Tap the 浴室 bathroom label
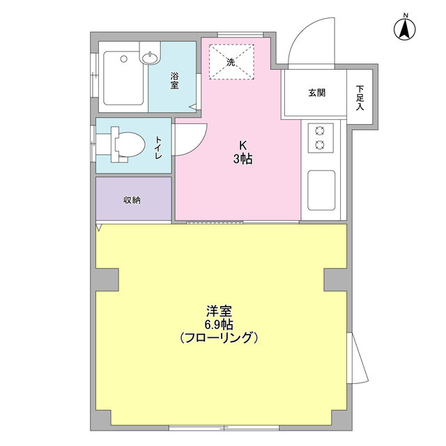coord(174,81)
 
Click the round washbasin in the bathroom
coord(149,59)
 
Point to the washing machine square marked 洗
coord(231,61)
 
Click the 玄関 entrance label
coord(316,93)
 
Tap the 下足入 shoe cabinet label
coord(360,98)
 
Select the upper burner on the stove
coord(321,130)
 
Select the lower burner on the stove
coord(321,144)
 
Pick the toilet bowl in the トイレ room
coord(125,145)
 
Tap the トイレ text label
coord(159,148)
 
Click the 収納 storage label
coord(132,200)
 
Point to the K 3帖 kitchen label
coord(243,153)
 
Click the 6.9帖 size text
coord(219,324)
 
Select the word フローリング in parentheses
coord(219,338)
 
